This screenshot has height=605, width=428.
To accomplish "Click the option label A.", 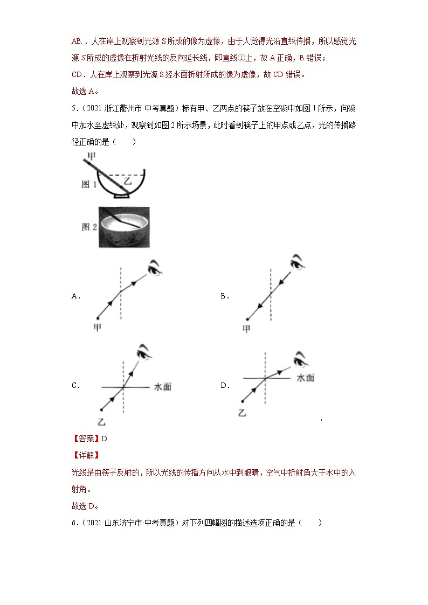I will pos(75,296).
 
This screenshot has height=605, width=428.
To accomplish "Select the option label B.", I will pos(224,296).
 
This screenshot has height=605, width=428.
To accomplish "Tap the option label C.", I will pos(75,386).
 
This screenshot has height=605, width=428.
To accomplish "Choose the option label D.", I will pos(224,386).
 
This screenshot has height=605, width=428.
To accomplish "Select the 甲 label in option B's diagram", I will pos(246,329).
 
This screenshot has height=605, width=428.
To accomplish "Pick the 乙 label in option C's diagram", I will pos(101,421).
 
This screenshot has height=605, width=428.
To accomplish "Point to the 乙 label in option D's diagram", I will pos(242,413).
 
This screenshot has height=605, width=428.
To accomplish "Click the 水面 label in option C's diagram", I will pos(163,387).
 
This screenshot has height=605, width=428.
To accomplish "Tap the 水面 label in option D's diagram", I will pos(306,378).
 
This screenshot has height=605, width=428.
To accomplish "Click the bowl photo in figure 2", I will pos(124,227).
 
